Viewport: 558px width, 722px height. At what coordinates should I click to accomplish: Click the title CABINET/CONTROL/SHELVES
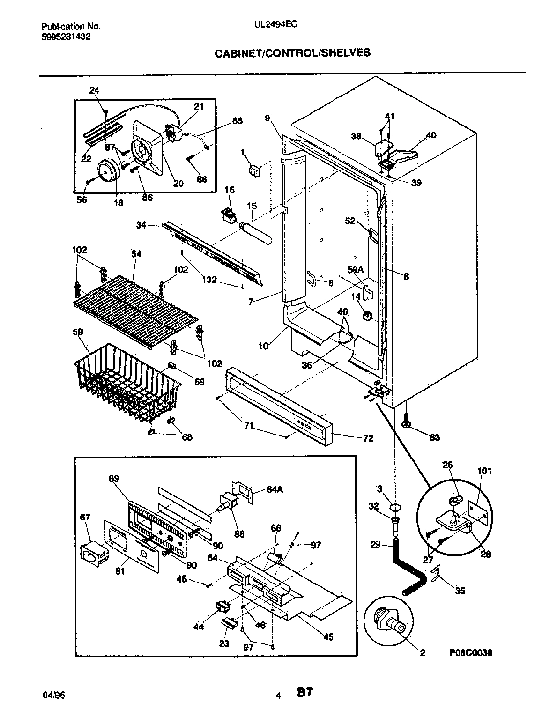[292, 53]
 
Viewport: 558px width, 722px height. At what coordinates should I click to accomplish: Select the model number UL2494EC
[276, 24]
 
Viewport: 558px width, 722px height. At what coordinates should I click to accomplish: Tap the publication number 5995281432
[66, 37]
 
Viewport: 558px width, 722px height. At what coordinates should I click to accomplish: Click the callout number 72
[368, 438]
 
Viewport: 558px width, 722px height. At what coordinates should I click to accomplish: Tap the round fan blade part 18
[108, 170]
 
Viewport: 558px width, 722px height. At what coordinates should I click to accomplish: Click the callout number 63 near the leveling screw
[434, 438]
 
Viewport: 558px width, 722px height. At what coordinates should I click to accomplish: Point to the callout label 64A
[275, 489]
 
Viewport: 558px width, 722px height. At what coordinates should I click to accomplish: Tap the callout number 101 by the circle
[484, 471]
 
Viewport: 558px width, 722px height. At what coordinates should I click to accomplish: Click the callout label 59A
[355, 270]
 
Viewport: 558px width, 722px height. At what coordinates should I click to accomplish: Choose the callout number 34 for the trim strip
[141, 225]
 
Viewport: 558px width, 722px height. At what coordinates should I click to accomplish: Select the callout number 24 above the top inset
[94, 90]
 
